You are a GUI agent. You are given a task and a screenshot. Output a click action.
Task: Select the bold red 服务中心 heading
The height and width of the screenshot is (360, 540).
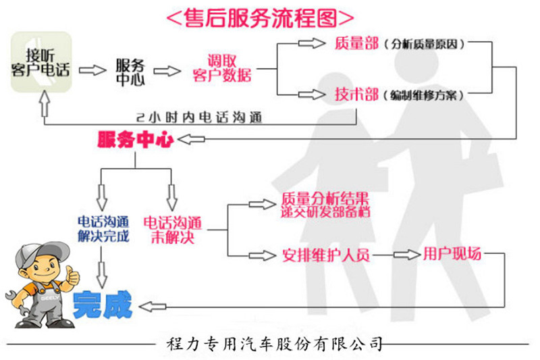pyautogui.click(x=135, y=140)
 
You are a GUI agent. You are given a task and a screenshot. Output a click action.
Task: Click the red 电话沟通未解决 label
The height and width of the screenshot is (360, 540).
pyautogui.click(x=172, y=230)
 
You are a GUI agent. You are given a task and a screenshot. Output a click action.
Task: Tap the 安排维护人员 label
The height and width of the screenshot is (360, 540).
pyautogui.click(x=326, y=255)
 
